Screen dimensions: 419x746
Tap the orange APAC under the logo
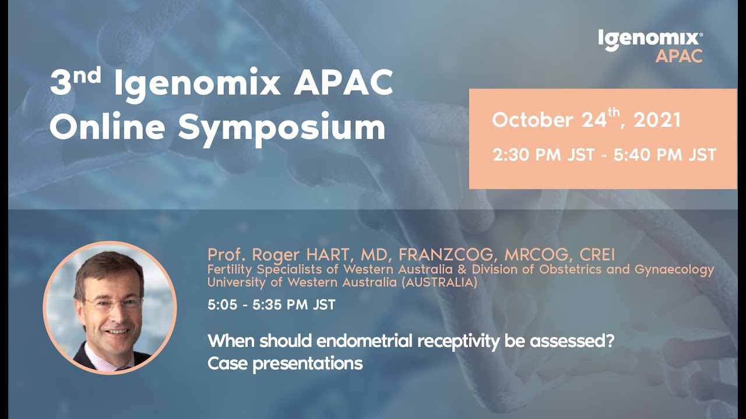tap(678, 56)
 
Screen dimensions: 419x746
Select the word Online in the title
tap(108, 127)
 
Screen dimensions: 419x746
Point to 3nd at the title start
tap(76, 84)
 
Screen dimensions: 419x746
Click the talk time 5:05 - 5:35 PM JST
tap(271, 304)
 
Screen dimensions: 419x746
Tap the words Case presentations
tap(285, 364)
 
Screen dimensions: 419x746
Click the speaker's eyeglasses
tap(113, 303)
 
